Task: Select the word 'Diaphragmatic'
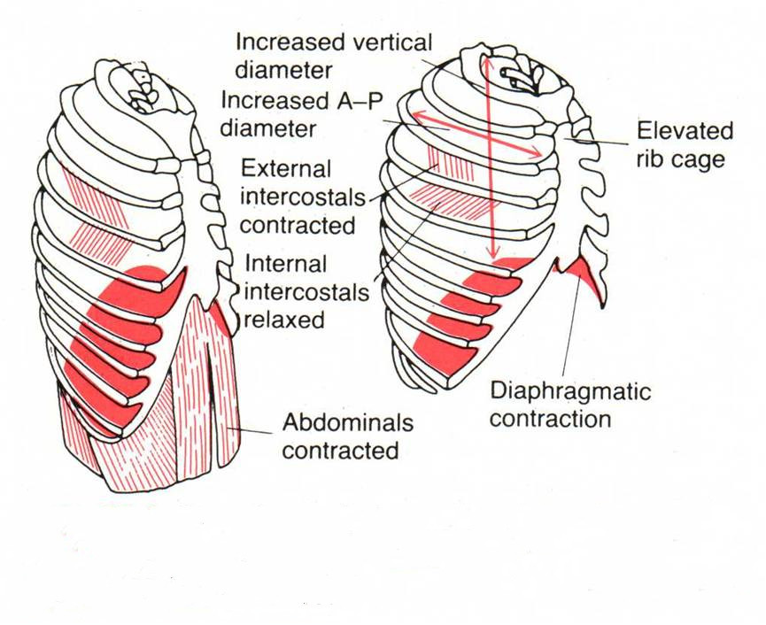tap(570, 390)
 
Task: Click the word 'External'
tap(286, 168)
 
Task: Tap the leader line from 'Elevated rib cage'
tap(602, 140)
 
